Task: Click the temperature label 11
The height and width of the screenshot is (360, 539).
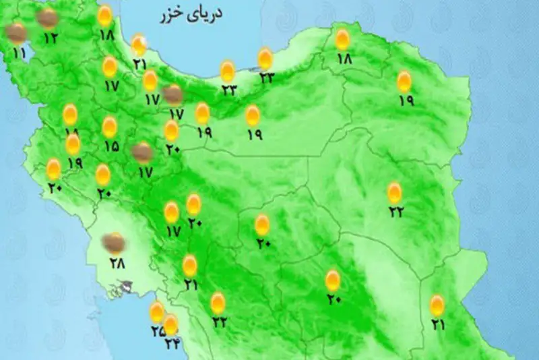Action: [18, 53]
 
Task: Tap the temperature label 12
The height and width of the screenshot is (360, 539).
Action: [51, 38]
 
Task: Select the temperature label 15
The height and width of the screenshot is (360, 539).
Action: [111, 145]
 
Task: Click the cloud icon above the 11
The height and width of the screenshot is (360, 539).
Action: [17, 32]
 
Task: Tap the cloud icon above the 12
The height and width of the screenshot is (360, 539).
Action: [47, 18]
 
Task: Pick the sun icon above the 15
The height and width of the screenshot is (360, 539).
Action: [109, 126]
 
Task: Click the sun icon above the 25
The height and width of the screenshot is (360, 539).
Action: [157, 311]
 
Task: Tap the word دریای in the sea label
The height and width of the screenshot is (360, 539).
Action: [205, 13]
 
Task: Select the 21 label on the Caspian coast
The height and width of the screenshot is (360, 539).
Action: [139, 65]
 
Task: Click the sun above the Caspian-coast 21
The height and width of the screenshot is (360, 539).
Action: [139, 45]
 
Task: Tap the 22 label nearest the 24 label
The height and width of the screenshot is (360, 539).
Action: [219, 322]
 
